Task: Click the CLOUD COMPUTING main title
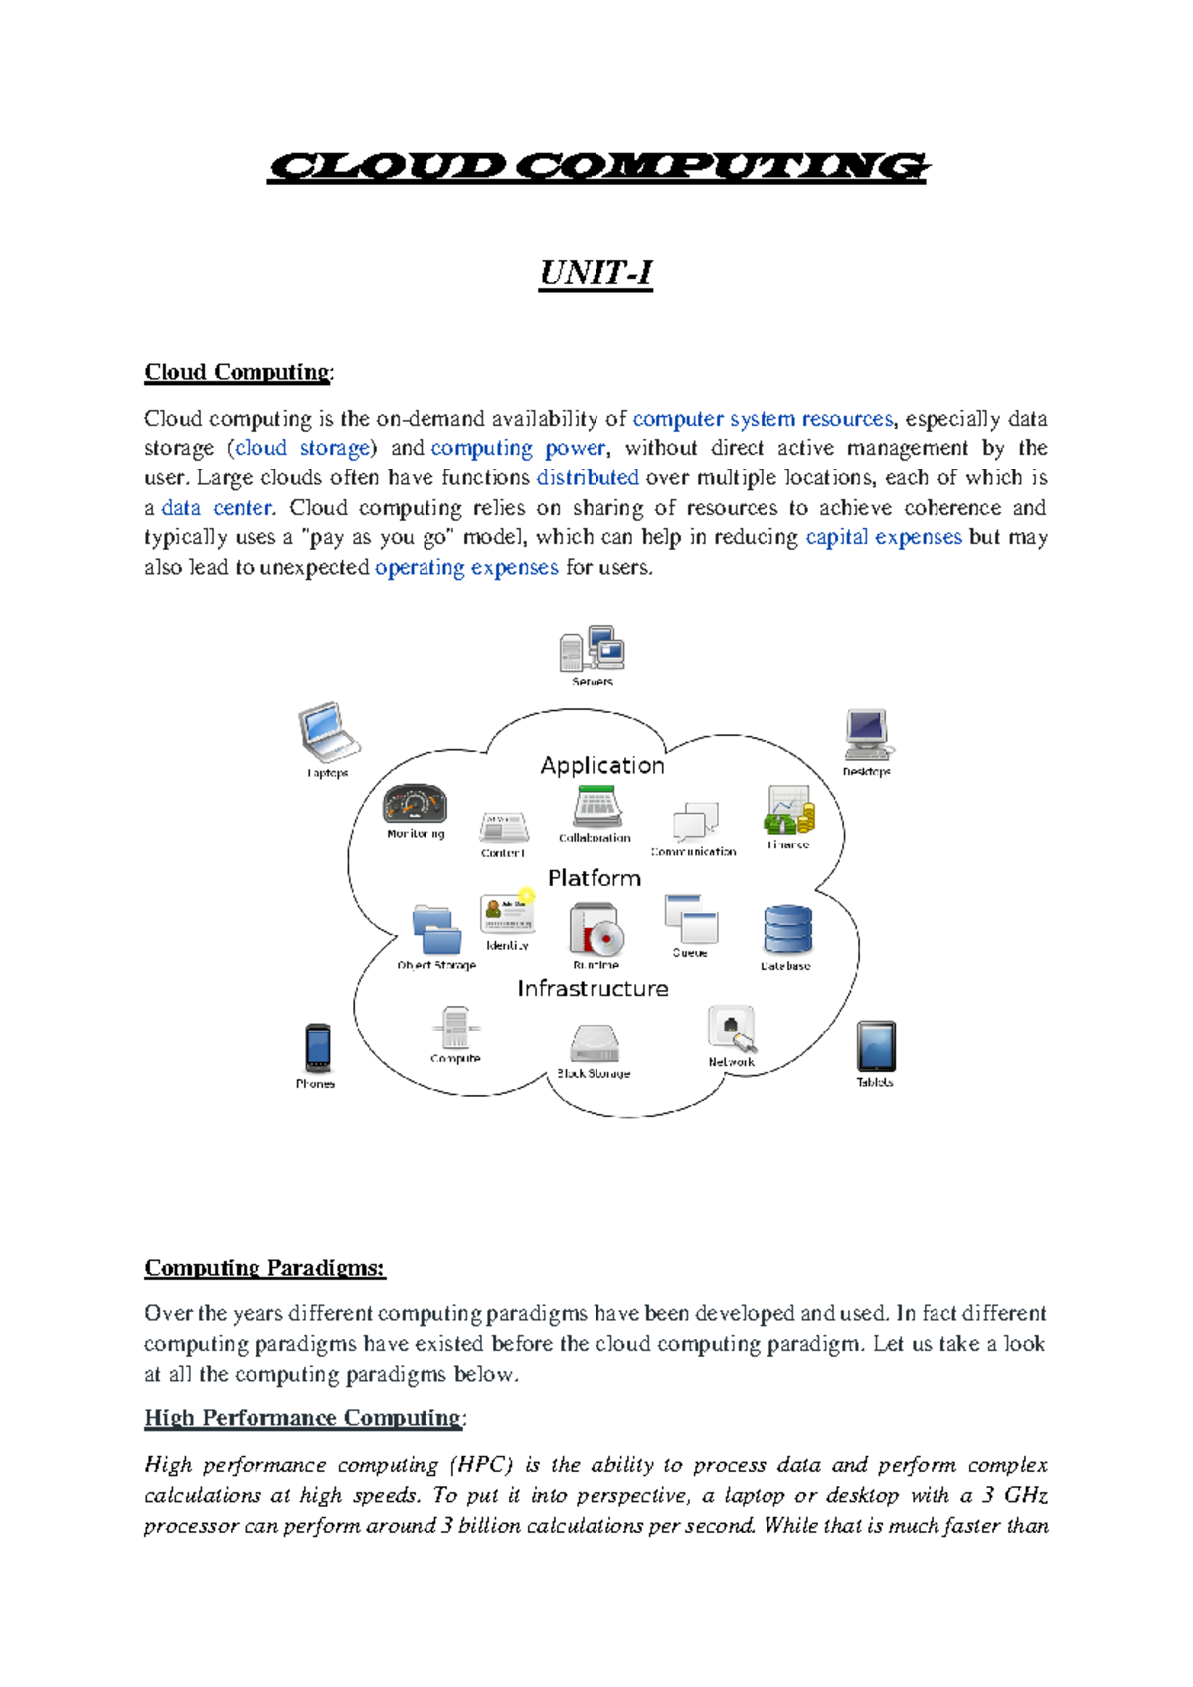[x=597, y=167]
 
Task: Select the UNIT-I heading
[x=596, y=273]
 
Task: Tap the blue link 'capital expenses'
[x=883, y=538]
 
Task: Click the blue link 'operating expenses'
[x=466, y=568]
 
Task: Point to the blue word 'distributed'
[x=588, y=478]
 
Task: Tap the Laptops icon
[x=327, y=732]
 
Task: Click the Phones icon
[x=317, y=1048]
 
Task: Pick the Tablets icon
[x=876, y=1046]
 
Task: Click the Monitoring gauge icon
[x=415, y=804]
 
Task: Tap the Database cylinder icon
[x=787, y=931]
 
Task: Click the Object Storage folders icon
[x=436, y=931]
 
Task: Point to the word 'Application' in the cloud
[x=602, y=766]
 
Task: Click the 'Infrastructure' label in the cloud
[x=593, y=989]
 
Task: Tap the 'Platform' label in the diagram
[x=595, y=879]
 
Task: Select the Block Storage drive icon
[x=595, y=1043]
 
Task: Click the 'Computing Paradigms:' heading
[x=264, y=1268]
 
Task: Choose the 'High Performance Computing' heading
[x=303, y=1418]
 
